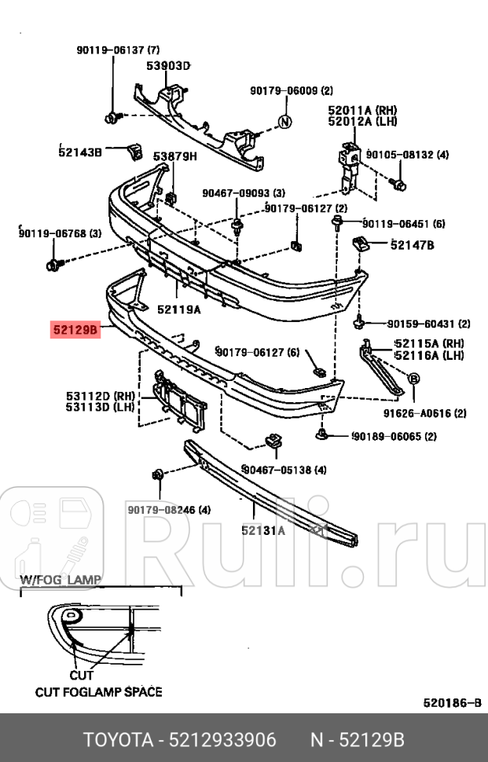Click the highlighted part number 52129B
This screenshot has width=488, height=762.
tap(75, 331)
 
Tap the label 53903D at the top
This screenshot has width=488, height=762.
tap(168, 66)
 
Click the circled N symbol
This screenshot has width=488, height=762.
tap(285, 121)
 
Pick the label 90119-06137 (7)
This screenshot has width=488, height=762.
tap(118, 49)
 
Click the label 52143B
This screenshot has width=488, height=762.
tap(80, 152)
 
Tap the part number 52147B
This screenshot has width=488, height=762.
tap(412, 245)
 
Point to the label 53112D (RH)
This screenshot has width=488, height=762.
tap(101, 396)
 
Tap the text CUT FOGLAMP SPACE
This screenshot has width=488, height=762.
tap(98, 692)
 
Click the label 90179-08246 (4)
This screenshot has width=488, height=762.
tap(169, 510)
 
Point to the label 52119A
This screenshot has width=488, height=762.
tap(178, 310)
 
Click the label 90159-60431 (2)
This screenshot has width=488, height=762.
tap(428, 324)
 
